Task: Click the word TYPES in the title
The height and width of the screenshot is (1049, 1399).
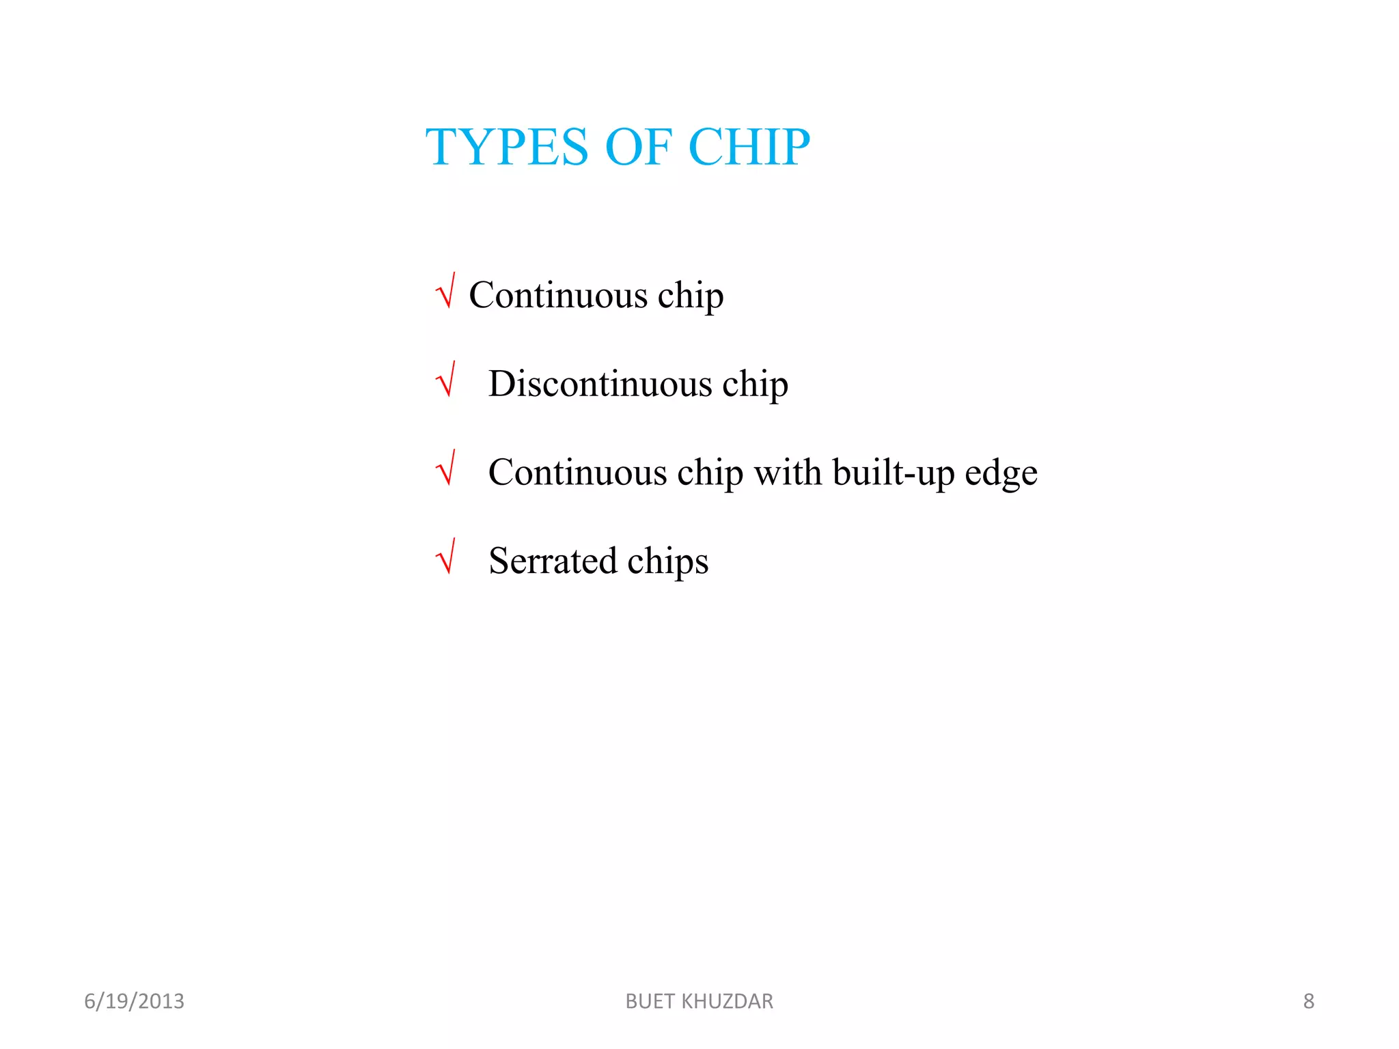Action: point(506,148)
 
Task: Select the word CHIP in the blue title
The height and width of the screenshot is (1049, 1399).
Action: point(749,148)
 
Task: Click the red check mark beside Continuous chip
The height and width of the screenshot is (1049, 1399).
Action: point(445,292)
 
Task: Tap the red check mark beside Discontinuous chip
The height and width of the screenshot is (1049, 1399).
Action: point(445,380)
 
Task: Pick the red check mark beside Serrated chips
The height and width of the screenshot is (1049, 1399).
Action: point(445,557)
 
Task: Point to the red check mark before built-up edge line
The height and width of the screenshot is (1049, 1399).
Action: point(445,469)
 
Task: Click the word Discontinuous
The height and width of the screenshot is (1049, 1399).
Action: point(600,383)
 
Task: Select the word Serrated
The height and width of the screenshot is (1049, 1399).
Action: point(553,561)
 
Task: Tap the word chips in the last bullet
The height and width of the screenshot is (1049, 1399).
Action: point(667,562)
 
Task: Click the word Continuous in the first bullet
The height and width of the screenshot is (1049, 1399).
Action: point(558,295)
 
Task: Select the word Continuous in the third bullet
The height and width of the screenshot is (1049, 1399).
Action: point(577,472)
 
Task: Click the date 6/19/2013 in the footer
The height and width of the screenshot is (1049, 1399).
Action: point(134,1001)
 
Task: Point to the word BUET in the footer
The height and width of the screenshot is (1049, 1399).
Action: point(650,1001)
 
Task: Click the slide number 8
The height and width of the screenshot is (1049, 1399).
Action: point(1308,1001)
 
